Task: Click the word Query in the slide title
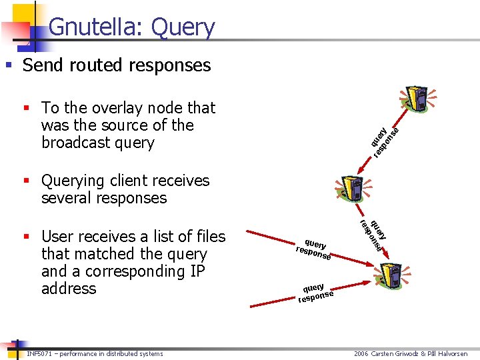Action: coord(183,27)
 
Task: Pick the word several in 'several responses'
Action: coord(65,198)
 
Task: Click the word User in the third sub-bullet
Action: coord(57,237)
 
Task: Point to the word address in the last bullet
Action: coord(69,289)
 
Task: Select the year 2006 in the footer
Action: coord(363,353)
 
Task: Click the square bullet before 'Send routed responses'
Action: coord(9,65)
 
